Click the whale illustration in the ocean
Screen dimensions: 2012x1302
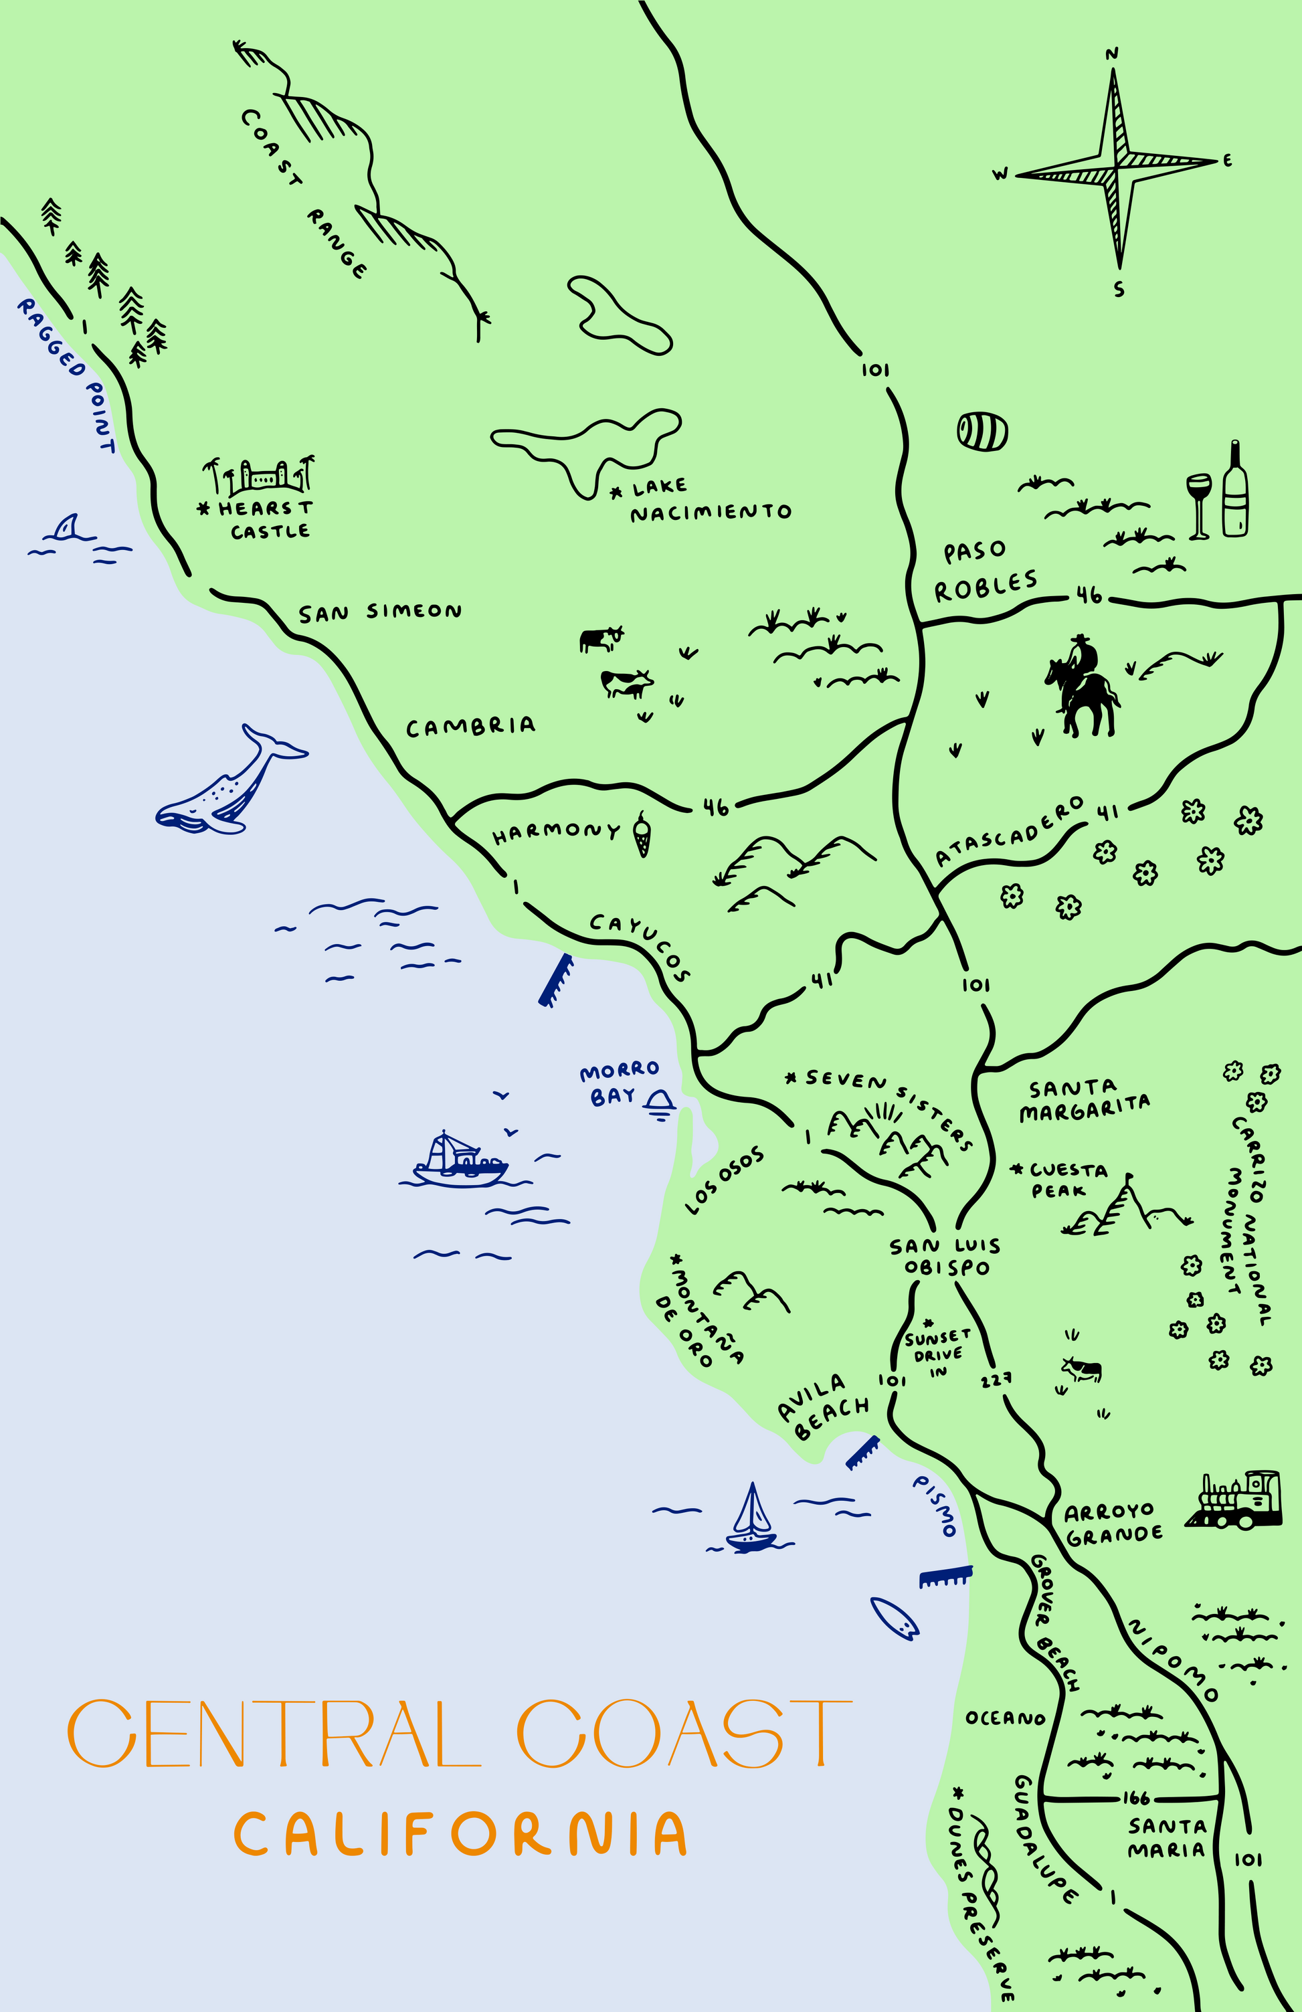[x=224, y=786]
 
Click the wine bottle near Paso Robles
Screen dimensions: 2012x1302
[x=1235, y=490]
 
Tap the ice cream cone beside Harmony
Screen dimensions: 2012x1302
[x=642, y=834]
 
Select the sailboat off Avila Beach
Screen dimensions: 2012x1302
[x=751, y=1522]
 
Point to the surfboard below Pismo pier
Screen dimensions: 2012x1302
[x=895, y=1618]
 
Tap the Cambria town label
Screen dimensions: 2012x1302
[x=470, y=727]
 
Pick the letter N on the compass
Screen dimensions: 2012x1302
[x=1113, y=54]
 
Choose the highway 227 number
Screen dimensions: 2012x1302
[x=997, y=1380]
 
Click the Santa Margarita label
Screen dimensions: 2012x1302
[x=1083, y=1099]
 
